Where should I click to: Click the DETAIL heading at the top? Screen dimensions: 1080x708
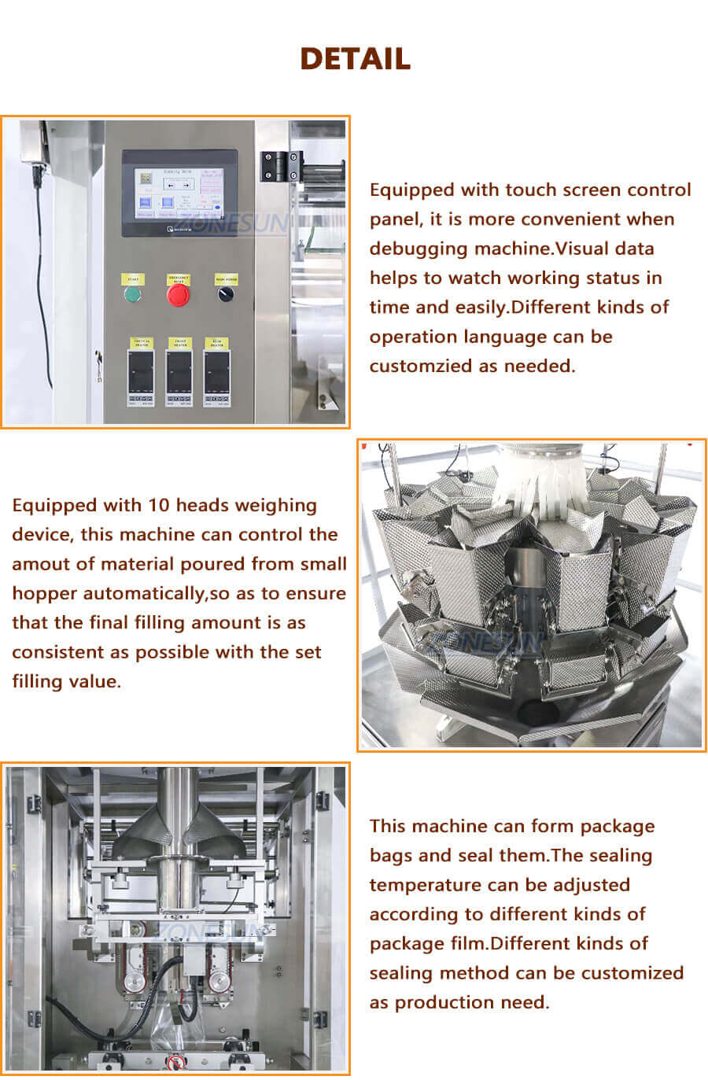pos(355,59)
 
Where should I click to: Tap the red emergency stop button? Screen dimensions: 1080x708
pos(179,295)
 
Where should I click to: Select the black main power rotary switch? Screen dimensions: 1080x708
pos(226,294)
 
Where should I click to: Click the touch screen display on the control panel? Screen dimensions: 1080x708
pos(179,193)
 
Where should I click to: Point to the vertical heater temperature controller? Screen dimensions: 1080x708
pos(142,374)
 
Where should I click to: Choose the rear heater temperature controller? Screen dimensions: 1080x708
pos(217,374)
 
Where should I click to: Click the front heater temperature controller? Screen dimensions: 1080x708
pos(179,374)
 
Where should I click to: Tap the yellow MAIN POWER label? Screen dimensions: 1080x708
pos(226,278)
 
